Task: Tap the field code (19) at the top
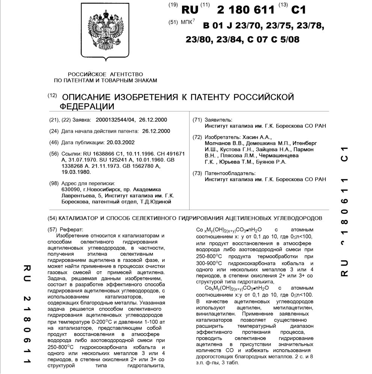(173, 5)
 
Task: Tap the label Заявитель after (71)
(218, 120)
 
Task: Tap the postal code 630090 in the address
(70, 189)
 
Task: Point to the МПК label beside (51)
(187, 23)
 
